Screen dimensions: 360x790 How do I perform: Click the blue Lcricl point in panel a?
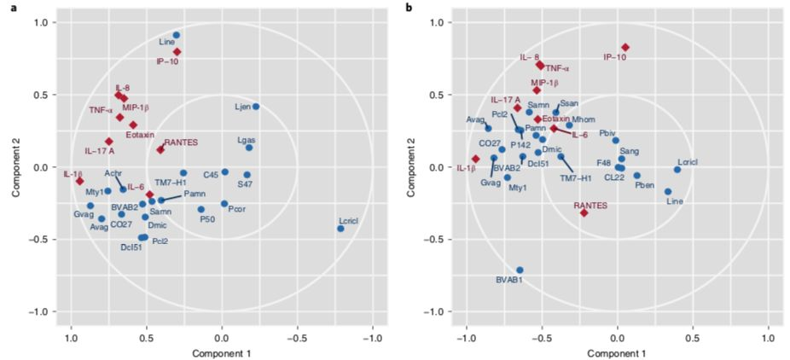click(340, 229)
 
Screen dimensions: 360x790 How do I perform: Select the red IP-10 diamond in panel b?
click(625, 48)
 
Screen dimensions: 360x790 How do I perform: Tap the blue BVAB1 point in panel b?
click(520, 270)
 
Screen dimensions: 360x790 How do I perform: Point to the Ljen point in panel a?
click(256, 107)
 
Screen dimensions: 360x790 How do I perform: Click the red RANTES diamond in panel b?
click(584, 212)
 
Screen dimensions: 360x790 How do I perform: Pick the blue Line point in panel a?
click(177, 35)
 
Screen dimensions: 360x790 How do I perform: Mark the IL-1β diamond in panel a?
click(79, 181)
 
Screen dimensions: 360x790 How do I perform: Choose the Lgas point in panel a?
click(249, 148)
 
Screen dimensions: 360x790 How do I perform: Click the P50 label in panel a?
click(206, 219)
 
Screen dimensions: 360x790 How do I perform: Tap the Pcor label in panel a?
click(238, 218)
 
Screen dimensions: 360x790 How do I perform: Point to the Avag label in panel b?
click(475, 119)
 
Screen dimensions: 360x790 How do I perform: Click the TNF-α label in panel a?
click(101, 110)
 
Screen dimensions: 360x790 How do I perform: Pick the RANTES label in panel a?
click(181, 142)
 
